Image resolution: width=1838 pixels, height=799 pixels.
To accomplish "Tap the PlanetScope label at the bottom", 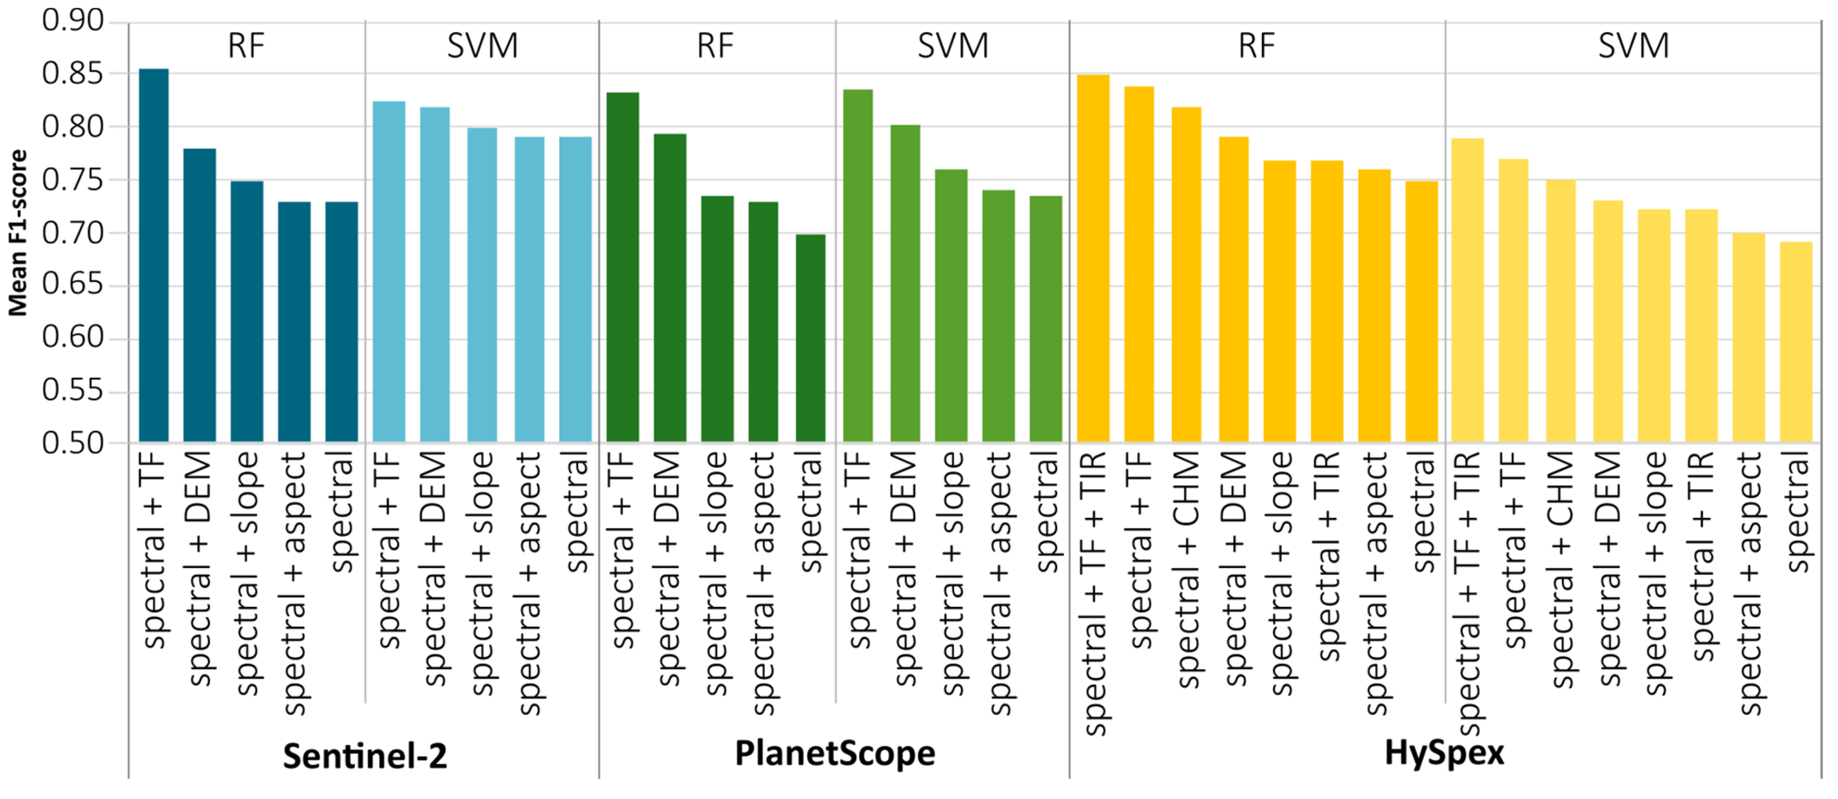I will pyautogui.click(x=835, y=754).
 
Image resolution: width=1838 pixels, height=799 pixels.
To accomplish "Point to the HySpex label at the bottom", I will pyautogui.click(x=1444, y=754).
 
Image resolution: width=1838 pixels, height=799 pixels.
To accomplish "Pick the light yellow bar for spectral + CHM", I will pyautogui.click(x=1561, y=310).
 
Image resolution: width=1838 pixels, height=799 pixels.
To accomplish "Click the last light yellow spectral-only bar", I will pyautogui.click(x=1796, y=343).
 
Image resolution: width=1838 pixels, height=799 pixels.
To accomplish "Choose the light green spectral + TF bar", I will pyautogui.click(x=858, y=265).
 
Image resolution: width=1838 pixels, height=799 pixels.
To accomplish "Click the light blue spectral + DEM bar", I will pyautogui.click(x=435, y=275).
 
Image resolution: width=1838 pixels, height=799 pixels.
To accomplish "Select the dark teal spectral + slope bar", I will pyautogui.click(x=246, y=312).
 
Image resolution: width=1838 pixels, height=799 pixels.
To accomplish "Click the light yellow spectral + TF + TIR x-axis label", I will pyautogui.click(x=1468, y=592).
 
